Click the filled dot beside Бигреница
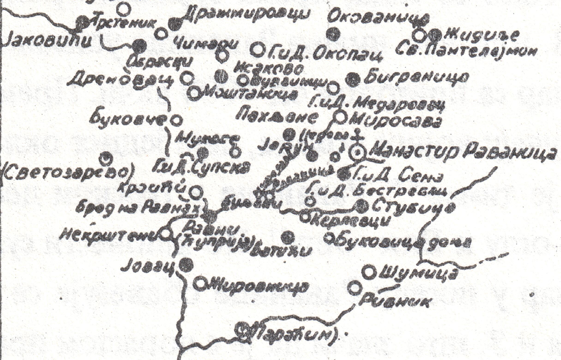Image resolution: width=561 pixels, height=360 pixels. [353, 79]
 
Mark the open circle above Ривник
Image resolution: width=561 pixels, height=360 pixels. [354, 288]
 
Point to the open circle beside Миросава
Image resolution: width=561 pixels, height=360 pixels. [340, 116]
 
